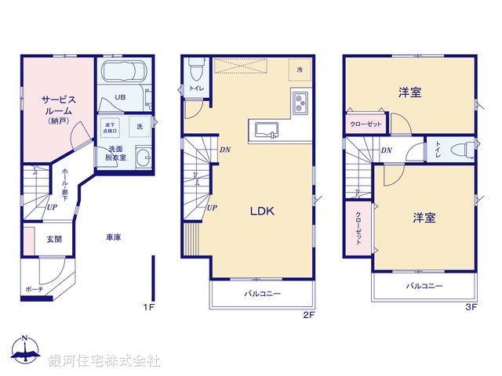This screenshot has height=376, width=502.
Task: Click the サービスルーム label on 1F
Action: coord(58,106)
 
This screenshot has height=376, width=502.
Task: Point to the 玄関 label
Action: coord(54,239)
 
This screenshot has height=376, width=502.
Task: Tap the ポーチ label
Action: coord(34,289)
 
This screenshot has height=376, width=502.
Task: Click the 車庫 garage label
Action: coord(114,236)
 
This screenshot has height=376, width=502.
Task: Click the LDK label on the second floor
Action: coord(262,211)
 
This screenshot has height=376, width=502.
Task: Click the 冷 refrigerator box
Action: coord(300,70)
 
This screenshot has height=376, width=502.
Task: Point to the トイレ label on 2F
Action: coord(195,89)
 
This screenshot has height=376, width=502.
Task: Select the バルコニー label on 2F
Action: coord(262,294)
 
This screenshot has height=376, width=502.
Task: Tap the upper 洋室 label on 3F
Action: coord(409,92)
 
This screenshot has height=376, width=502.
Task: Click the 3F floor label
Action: coord(471,306)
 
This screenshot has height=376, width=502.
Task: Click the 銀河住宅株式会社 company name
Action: coord(104,361)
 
